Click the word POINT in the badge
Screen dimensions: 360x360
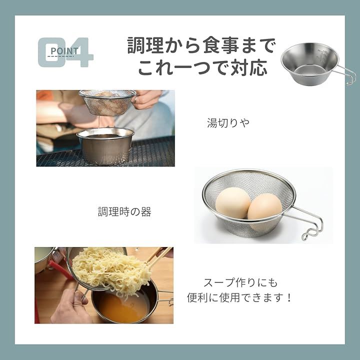pyautogui.click(x=64, y=50)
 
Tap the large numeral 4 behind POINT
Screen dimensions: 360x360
pyautogui.click(x=80, y=52)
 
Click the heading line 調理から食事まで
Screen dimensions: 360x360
pyautogui.click(x=201, y=45)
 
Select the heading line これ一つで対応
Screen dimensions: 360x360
pyautogui.click(x=202, y=67)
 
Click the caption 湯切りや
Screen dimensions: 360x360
pyautogui.click(x=228, y=122)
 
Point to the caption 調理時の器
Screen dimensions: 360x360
pyautogui.click(x=124, y=211)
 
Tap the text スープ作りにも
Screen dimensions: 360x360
pyautogui.click(x=240, y=282)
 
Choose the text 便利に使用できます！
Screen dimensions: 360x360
pyautogui.click(x=240, y=298)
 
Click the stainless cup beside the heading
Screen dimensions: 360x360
pyautogui.click(x=310, y=62)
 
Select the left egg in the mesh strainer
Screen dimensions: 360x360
pyautogui.click(x=232, y=202)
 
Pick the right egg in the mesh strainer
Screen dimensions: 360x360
pyautogui.click(x=264, y=210)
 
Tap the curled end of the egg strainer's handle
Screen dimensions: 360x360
pyautogui.click(x=307, y=236)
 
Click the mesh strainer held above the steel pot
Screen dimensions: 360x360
pyautogui.click(x=107, y=102)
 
